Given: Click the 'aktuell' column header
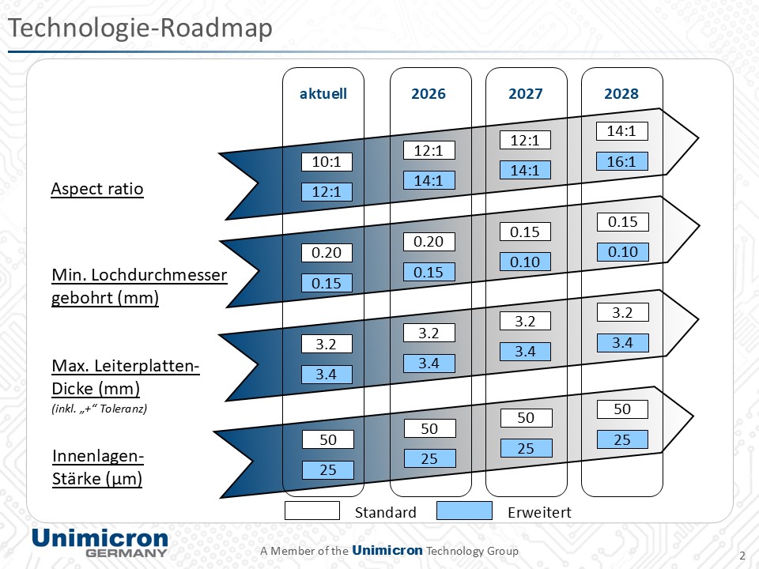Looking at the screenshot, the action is [323, 93].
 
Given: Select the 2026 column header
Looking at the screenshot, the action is [429, 93].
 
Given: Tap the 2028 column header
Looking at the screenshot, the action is [621, 93].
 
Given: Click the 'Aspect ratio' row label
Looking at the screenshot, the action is [97, 188].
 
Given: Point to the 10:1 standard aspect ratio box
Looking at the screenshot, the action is [327, 161].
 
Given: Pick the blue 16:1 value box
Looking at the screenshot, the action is [621, 161].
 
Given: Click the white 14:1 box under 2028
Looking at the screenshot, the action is [621, 130].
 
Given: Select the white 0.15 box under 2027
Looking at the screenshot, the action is [525, 232].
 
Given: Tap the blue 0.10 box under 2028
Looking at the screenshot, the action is [622, 251].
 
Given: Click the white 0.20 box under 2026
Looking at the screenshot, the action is [429, 242].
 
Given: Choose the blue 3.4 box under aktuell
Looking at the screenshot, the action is [327, 374].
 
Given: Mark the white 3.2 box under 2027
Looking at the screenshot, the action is [525, 322].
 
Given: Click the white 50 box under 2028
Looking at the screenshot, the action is [622, 409].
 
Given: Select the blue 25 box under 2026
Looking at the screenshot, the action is [429, 458].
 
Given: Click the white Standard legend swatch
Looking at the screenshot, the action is [312, 511].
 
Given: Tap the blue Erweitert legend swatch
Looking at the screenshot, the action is [464, 511].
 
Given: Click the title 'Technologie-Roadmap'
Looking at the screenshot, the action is [141, 28].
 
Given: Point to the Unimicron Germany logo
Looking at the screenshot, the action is [100, 543].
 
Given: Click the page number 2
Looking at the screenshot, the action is [742, 556].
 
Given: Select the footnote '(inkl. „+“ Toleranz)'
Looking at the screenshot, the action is [100, 409].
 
